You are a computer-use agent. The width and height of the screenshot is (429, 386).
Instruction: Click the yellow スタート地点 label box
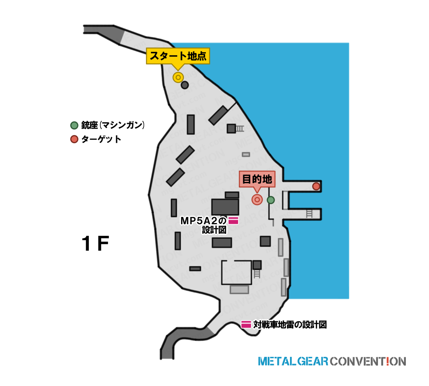178,56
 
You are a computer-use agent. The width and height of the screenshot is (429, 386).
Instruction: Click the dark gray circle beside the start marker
184,85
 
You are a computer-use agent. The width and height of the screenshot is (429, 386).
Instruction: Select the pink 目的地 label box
257,179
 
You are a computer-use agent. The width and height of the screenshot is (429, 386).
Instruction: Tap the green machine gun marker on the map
271,200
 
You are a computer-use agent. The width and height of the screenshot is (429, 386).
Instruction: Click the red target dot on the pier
316,186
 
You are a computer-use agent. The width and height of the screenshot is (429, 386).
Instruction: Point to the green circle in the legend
74,125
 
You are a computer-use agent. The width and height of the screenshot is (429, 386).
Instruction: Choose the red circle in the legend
74,139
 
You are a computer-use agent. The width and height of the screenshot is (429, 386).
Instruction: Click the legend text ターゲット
101,139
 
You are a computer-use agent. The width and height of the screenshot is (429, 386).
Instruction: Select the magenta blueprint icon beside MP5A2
233,220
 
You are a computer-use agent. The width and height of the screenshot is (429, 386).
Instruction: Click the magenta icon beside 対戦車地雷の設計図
246,324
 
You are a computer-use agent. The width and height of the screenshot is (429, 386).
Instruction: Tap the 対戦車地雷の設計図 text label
290,325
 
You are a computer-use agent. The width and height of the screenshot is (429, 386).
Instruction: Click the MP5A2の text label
203,221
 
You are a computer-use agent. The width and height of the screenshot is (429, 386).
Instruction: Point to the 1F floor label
96,243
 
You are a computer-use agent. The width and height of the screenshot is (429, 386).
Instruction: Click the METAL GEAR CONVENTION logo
332,362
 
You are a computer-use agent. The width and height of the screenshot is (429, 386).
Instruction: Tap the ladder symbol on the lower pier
309,214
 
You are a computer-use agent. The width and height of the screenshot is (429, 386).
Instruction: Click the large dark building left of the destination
225,207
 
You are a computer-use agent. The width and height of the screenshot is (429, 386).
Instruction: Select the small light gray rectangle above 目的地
246,154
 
